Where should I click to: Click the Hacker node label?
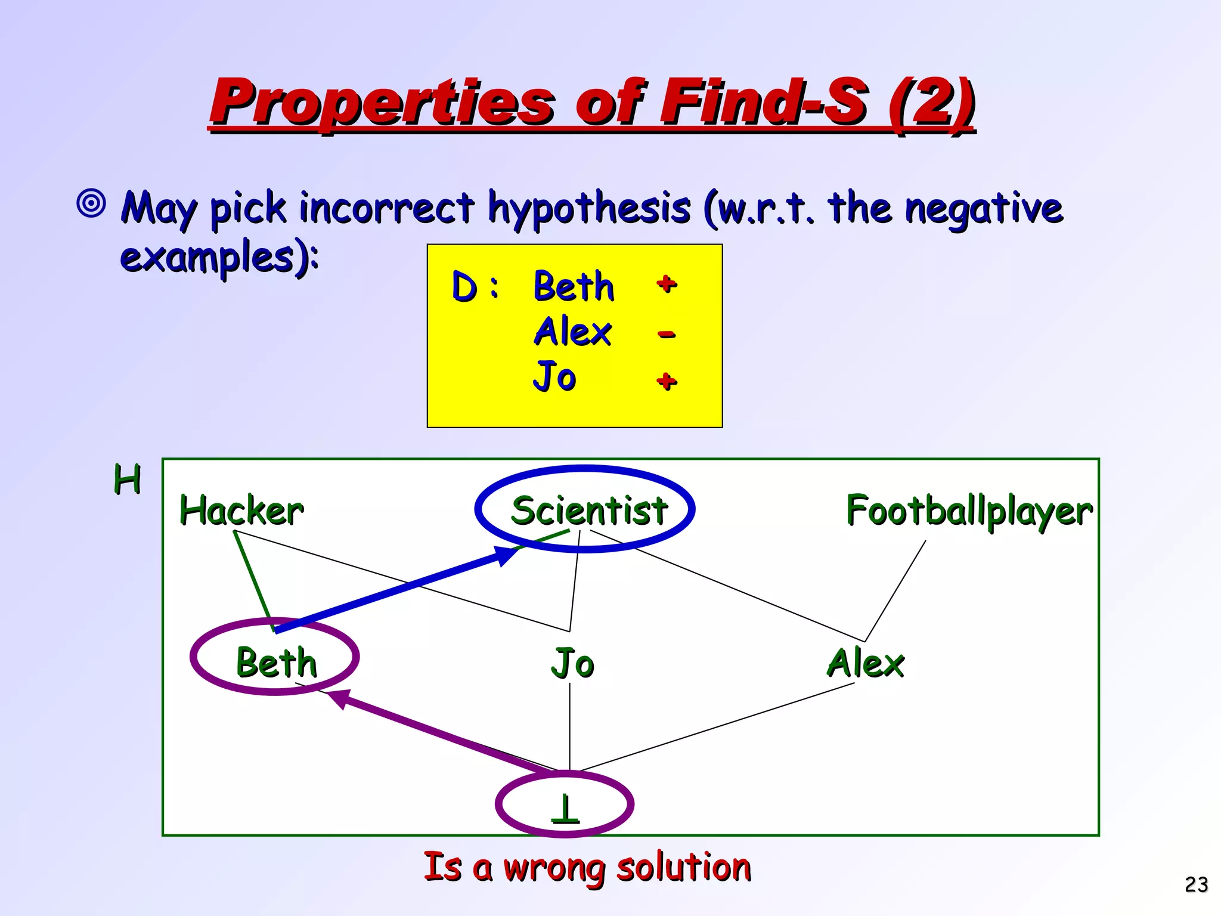pyautogui.click(x=241, y=511)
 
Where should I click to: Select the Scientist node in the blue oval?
pyautogui.click(x=589, y=510)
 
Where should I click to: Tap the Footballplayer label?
pyautogui.click(x=969, y=512)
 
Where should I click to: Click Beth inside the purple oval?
pyautogui.click(x=276, y=662)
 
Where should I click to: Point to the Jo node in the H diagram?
pyautogui.click(x=572, y=663)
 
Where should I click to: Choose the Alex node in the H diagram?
pyautogui.click(x=866, y=663)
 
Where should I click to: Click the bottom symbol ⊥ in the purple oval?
pyautogui.click(x=565, y=809)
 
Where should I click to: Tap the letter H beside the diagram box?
pyautogui.click(x=127, y=479)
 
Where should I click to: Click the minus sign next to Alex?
pyautogui.click(x=667, y=334)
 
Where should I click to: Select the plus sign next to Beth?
pyautogui.click(x=667, y=284)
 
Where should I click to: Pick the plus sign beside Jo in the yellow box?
pyautogui.click(x=667, y=380)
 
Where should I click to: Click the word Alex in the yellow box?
pyautogui.click(x=572, y=332)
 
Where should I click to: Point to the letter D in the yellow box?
pyautogui.click(x=464, y=287)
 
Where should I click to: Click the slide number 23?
pyautogui.click(x=1196, y=884)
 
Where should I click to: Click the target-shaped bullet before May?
pyautogui.click(x=91, y=203)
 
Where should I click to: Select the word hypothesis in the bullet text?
pyautogui.click(x=589, y=209)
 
